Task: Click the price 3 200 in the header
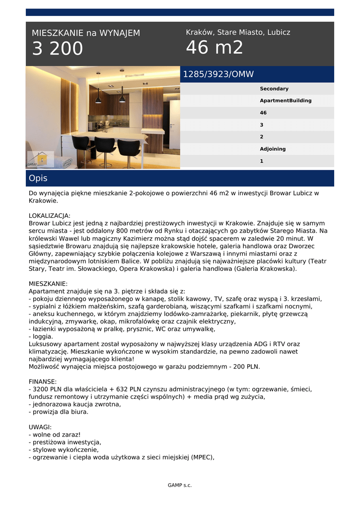click(58, 49)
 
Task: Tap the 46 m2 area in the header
click(215, 48)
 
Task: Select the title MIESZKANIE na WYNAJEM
click(86, 33)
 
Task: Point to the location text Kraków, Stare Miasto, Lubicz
click(238, 32)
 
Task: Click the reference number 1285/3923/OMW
click(218, 74)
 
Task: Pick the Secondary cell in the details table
click(274, 89)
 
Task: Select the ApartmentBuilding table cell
click(286, 101)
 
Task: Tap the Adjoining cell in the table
click(273, 149)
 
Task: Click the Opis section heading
click(38, 178)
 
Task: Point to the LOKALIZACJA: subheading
click(50, 216)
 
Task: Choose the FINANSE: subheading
click(43, 381)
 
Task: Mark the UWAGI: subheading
click(40, 427)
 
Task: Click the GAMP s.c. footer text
click(180, 485)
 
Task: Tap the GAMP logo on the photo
click(40, 159)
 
